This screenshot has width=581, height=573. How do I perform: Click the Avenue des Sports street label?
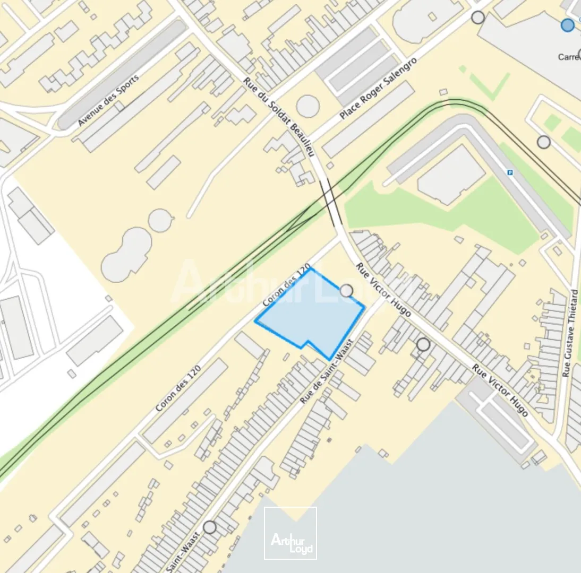108,100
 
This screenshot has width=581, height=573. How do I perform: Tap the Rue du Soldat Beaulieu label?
280,117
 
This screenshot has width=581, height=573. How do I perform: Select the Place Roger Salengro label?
378,88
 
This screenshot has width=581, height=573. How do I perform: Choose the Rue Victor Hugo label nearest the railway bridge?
383,290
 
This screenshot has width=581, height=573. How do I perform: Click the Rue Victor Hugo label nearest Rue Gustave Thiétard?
500,391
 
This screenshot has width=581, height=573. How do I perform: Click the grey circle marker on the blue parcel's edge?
346,290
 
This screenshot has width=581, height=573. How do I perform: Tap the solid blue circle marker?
568,25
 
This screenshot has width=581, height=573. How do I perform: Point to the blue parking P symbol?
510,172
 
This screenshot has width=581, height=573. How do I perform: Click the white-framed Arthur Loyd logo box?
290,533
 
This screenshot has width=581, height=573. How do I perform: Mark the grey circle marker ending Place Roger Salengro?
478,18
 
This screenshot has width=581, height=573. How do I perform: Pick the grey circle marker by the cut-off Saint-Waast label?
210,527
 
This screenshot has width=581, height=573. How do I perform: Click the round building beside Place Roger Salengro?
308,106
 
